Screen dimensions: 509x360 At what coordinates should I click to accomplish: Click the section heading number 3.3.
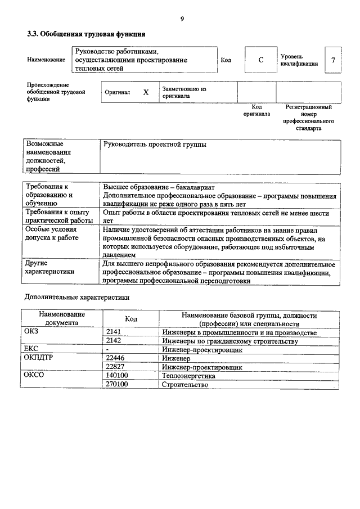click(x=34, y=34)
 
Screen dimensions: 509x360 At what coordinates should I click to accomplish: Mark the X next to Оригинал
click(x=146, y=92)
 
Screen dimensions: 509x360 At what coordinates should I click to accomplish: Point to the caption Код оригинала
click(x=256, y=110)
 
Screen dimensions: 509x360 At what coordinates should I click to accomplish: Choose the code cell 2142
click(x=114, y=341)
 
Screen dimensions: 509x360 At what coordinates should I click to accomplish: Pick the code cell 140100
click(x=117, y=376)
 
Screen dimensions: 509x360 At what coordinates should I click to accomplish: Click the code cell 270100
click(x=117, y=385)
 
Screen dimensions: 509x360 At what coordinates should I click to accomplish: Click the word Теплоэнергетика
click(x=188, y=376)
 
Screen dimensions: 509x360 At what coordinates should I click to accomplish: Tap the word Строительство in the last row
click(x=184, y=385)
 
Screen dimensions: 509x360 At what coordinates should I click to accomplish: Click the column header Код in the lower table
click(x=131, y=319)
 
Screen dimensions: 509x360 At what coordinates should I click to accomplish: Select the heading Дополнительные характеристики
click(x=76, y=297)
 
